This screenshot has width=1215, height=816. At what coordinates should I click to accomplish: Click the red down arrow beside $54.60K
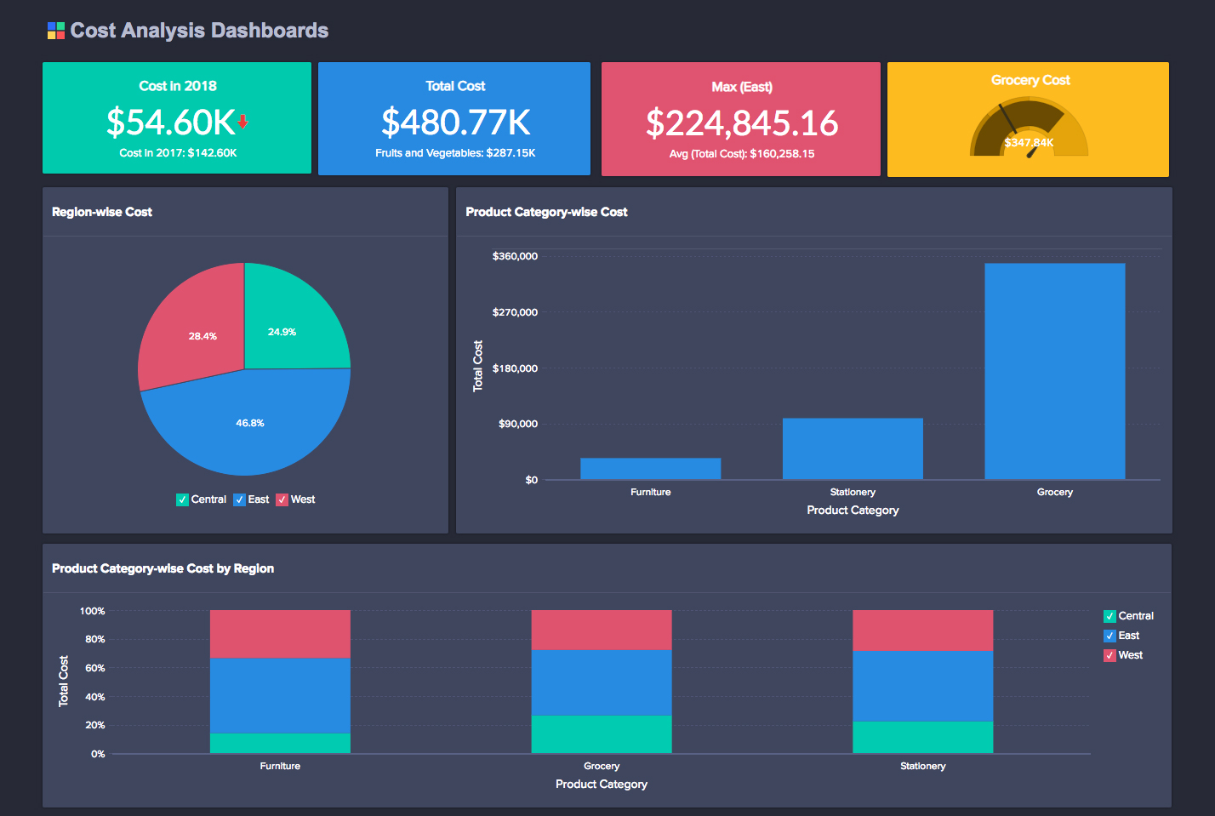pos(242,122)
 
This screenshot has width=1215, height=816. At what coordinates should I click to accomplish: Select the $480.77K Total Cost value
pos(455,122)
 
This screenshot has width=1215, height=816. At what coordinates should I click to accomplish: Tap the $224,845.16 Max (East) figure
pos(741,123)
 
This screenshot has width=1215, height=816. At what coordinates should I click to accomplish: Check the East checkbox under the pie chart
pos(239,499)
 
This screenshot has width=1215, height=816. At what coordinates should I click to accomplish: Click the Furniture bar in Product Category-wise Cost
pos(650,469)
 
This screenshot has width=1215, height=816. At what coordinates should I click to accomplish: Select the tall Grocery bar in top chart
pos(1054,371)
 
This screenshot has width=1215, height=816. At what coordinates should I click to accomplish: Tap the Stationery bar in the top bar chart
pos(853,448)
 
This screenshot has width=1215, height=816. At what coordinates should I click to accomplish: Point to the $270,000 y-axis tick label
pos(515,312)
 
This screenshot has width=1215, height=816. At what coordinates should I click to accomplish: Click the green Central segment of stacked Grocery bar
pos(601,733)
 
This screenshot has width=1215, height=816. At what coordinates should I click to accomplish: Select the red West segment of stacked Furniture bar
pos(280,634)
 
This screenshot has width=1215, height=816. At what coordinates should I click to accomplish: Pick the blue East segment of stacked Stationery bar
pos(922,686)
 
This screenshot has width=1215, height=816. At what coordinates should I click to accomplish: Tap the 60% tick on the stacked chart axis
pos(94,668)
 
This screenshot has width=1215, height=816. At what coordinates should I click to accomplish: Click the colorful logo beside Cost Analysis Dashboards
pos(55,31)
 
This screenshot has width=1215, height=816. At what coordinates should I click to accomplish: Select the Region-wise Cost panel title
pos(102,212)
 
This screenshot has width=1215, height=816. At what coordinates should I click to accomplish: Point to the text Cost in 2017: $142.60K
pos(178,153)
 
